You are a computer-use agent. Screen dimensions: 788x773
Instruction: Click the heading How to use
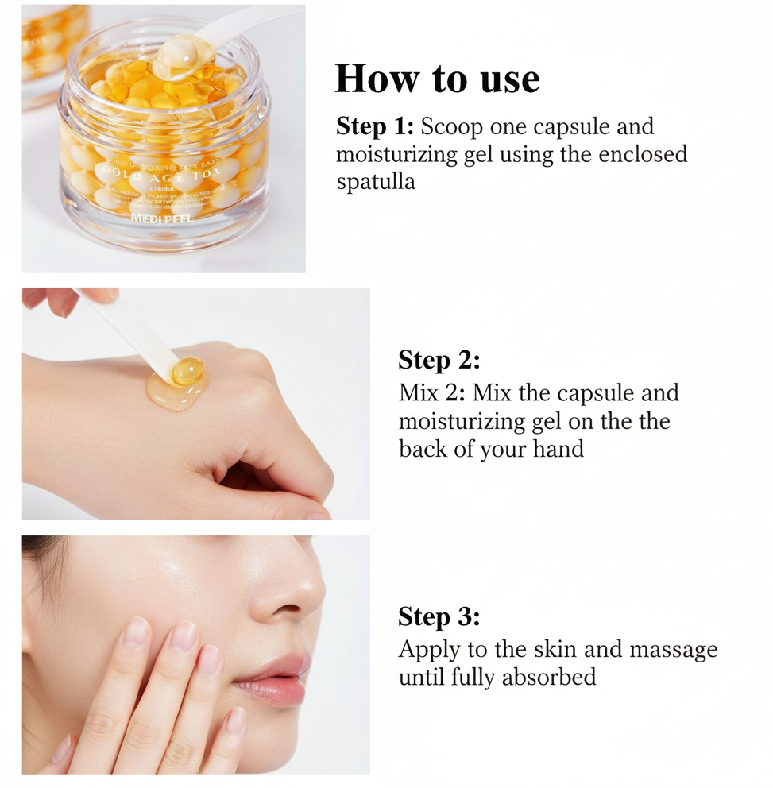437,79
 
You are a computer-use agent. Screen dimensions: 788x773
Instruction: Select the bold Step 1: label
375,126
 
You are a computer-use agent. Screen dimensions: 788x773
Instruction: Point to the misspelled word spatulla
376,182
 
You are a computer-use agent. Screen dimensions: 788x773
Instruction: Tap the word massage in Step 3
673,649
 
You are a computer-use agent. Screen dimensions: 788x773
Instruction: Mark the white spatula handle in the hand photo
127,326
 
